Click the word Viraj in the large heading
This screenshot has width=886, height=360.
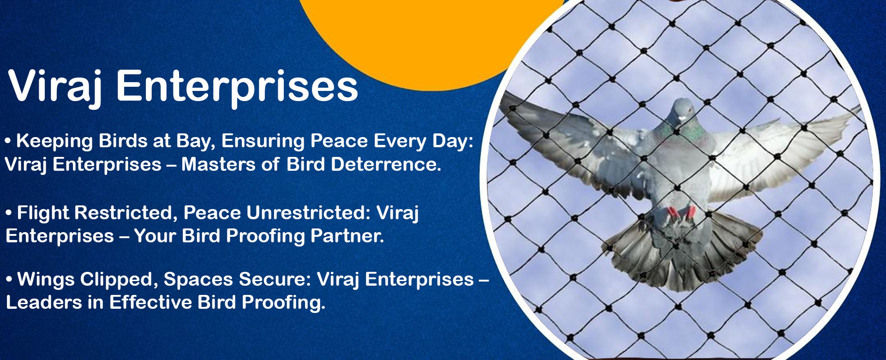tap(56, 88)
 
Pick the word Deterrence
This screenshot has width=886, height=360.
tap(386, 164)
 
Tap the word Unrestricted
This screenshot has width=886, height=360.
tap(308, 213)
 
